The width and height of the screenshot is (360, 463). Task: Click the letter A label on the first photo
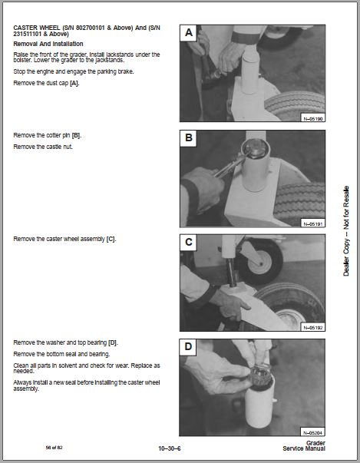pos(189,33)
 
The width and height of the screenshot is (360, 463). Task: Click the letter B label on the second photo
pos(189,138)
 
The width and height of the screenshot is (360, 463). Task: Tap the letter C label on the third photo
pos(189,242)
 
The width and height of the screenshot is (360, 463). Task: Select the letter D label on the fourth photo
pos(188,346)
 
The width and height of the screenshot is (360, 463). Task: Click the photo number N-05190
pos(312,119)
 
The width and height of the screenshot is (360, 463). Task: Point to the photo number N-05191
pos(312,224)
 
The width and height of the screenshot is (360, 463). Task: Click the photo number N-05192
pos(312,327)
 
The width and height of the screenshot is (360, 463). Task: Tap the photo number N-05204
pos(312,432)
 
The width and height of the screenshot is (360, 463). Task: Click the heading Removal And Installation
pos(48,44)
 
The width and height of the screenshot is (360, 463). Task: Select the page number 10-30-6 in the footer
pos(170,448)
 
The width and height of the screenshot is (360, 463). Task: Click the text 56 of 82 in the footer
pos(54,448)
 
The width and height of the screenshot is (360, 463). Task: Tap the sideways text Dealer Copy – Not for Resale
pos(346,231)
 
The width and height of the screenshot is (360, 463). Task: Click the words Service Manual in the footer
pos(304,448)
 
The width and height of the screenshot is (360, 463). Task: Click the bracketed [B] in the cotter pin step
pos(76,136)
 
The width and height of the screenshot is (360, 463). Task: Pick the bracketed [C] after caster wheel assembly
pos(111,239)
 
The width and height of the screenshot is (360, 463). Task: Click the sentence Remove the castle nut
pos(43,147)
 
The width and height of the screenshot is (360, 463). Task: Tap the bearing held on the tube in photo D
pos(260,376)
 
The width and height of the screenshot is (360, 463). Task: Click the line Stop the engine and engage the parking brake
pos(74,71)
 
